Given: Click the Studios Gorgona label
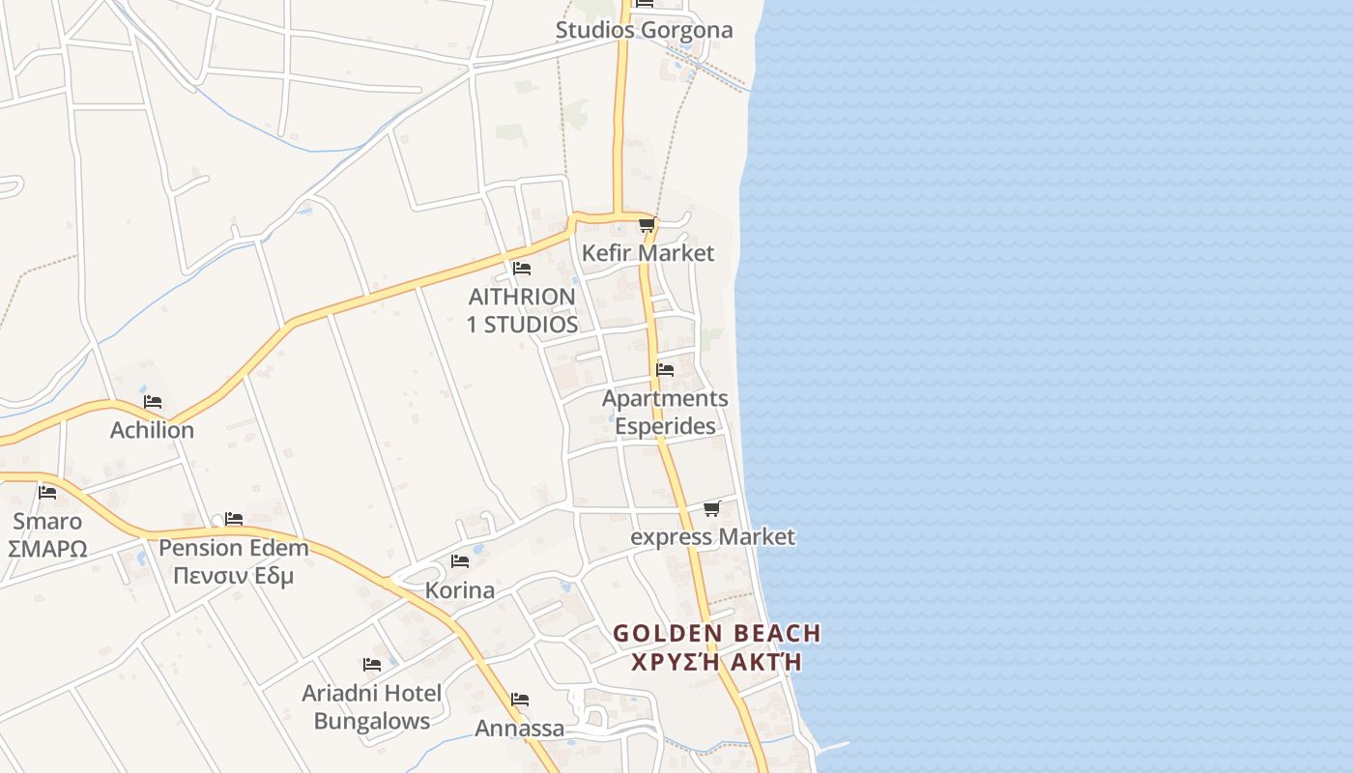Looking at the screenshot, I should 644,30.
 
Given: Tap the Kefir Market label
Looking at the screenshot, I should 648,253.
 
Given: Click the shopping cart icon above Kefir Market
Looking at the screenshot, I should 647,225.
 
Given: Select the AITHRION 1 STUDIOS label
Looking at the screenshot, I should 522,310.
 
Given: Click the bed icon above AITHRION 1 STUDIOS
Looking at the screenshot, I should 522,268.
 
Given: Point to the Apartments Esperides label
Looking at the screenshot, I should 665,412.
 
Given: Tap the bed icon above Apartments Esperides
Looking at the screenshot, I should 665,369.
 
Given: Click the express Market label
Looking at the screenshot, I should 712,536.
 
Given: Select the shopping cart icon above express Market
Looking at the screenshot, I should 712,508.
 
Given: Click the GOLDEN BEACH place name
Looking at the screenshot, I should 717,634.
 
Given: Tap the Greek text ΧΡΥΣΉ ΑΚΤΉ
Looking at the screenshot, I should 717,662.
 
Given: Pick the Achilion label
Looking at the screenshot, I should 152,430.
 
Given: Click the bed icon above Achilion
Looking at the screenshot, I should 153,401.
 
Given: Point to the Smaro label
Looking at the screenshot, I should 47,522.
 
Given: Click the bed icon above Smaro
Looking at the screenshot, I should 47,492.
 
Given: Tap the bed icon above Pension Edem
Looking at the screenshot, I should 234,519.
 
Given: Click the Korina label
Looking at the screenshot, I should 460,590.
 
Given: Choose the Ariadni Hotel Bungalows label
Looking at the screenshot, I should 372,707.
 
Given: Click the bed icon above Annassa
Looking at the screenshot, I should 520,700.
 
